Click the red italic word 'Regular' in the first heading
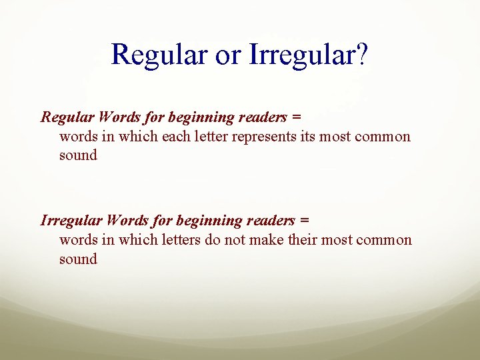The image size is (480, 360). tap(67, 117)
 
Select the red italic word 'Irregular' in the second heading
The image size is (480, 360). tap(71, 221)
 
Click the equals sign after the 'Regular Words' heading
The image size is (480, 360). tap(297, 117)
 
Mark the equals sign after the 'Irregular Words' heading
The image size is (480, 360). tap(305, 221)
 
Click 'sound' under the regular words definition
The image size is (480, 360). tap(78, 156)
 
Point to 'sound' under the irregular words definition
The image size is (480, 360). tap(78, 259)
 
